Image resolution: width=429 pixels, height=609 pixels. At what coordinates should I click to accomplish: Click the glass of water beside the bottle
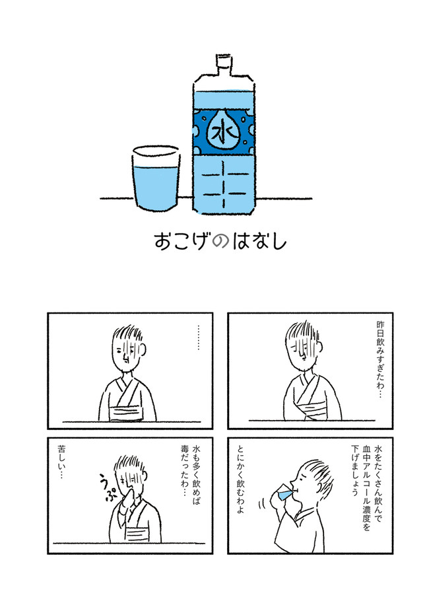pyautogui.click(x=156, y=178)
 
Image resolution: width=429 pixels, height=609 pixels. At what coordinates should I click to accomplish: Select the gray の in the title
pyautogui.click(x=221, y=242)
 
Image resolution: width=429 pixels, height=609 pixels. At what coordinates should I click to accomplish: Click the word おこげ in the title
pyautogui.click(x=182, y=241)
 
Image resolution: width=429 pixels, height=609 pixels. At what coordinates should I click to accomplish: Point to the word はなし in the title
pyautogui.click(x=259, y=241)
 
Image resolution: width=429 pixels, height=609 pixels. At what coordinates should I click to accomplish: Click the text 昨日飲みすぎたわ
pyautogui.click(x=379, y=359)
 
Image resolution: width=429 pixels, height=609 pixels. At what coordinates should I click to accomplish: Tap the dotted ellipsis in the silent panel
pyautogui.click(x=198, y=338)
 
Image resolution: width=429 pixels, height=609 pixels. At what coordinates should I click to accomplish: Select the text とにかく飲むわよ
pyautogui.click(x=240, y=479)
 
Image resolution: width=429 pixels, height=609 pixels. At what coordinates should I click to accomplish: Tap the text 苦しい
pyautogui.click(x=61, y=462)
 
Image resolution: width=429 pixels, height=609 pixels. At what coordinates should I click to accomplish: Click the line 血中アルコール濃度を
pyautogui.click(x=366, y=487)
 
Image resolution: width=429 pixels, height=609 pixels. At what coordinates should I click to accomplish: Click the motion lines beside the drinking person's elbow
pyautogui.click(x=261, y=505)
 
